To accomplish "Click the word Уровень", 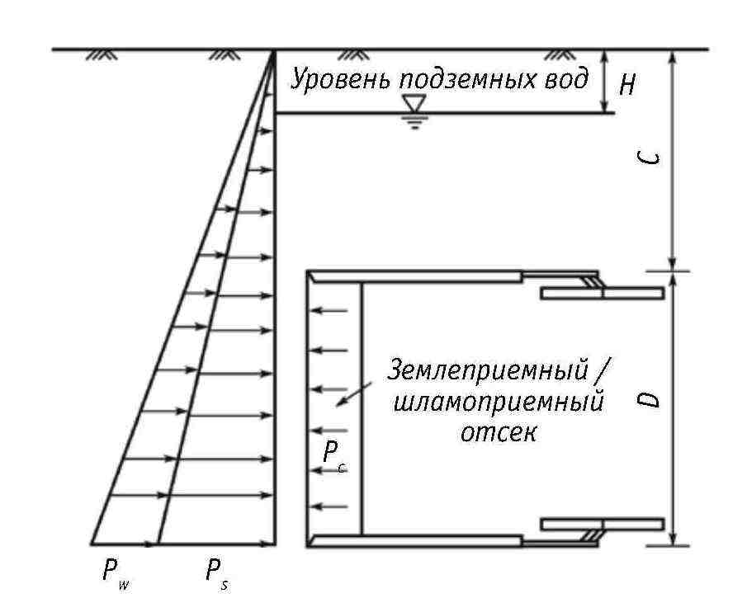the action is (342, 79).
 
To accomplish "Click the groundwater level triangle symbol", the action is (414, 103).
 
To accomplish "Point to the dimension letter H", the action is (627, 86).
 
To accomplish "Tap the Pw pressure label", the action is (116, 573).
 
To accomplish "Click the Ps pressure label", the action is (218, 573).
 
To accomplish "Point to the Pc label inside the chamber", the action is (334, 455).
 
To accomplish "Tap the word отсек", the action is (499, 433).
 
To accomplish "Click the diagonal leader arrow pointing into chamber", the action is (353, 394).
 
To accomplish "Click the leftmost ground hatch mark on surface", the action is (102, 54).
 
